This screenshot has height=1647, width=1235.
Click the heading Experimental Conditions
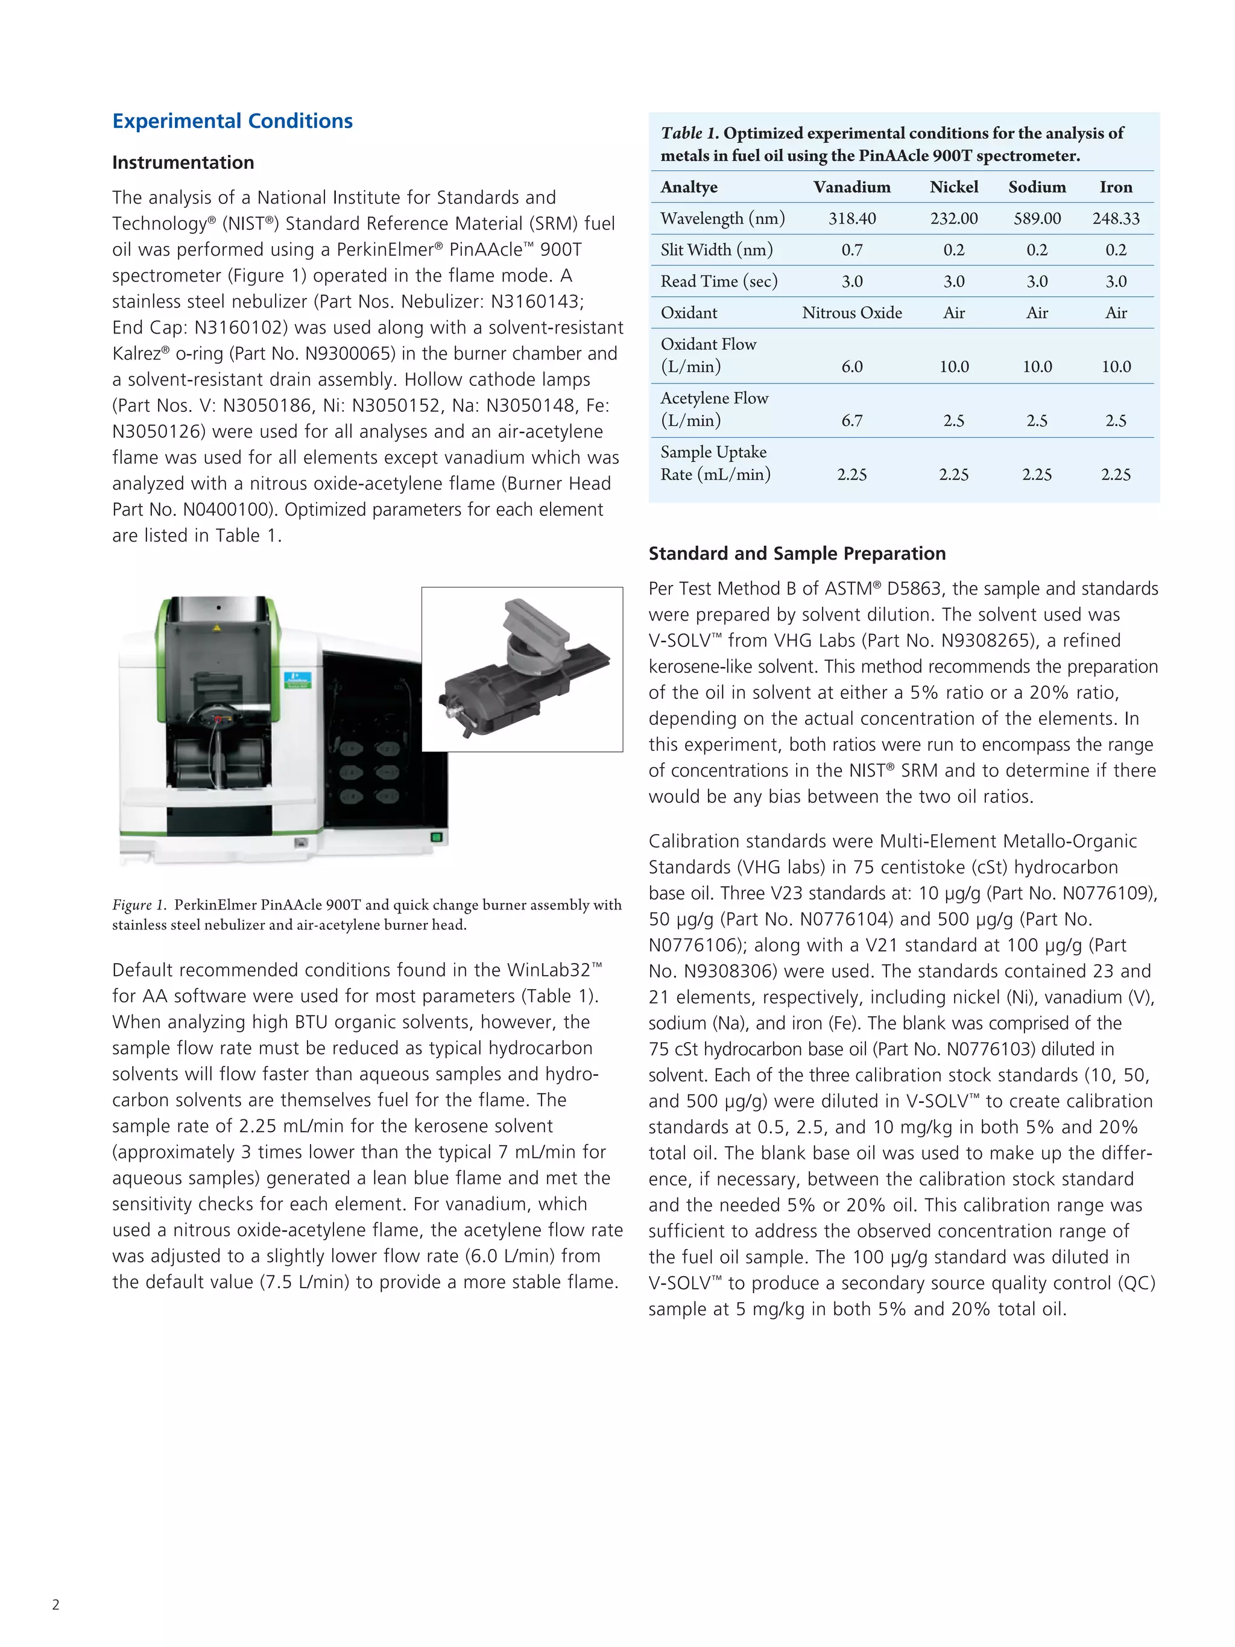click(232, 121)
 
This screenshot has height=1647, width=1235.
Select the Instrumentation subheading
click(183, 162)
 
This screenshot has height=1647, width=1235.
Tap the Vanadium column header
click(851, 187)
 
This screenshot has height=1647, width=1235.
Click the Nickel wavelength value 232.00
click(953, 218)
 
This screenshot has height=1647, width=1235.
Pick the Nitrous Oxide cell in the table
click(851, 313)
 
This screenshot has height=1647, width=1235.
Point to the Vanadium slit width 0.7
click(851, 250)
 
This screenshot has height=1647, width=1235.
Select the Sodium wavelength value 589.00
click(1037, 218)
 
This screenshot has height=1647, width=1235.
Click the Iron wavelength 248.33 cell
click(1116, 218)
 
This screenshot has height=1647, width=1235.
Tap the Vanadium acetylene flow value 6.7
click(851, 421)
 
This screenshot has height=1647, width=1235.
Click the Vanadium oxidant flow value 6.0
click(851, 366)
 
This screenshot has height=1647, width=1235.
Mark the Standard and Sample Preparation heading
click(797, 553)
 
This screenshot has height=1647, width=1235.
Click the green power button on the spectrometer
click(436, 838)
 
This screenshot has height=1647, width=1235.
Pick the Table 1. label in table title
click(689, 133)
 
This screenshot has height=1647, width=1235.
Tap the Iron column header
click(1116, 187)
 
